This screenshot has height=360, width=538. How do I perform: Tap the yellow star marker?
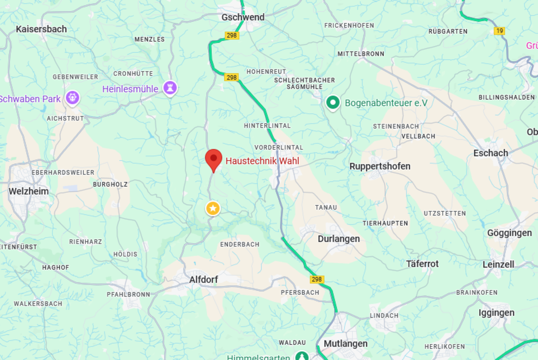(x=213, y=208)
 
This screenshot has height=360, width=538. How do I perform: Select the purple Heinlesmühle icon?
(x=171, y=88)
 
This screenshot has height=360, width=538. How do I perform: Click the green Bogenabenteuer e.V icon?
(x=333, y=102)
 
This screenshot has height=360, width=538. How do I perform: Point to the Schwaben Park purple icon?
(x=72, y=98)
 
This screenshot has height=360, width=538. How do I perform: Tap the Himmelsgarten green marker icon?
(x=302, y=356)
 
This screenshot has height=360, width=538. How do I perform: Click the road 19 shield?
(x=499, y=31)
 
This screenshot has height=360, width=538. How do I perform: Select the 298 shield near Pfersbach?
(x=317, y=279)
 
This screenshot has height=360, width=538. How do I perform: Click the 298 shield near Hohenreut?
(x=232, y=77)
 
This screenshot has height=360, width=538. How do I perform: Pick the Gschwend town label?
(x=243, y=17)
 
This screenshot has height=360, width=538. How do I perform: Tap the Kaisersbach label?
(x=41, y=29)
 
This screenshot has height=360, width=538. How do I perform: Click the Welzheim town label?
(x=28, y=191)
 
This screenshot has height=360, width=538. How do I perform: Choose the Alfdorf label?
(x=203, y=280)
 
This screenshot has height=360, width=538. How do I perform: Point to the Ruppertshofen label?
(x=380, y=166)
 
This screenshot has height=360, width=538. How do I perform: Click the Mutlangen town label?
(x=346, y=344)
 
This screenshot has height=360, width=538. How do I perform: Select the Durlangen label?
(x=339, y=239)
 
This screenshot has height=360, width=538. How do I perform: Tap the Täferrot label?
(x=422, y=263)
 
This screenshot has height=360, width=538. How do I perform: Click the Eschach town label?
(x=490, y=153)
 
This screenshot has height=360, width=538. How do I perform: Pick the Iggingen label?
(x=496, y=313)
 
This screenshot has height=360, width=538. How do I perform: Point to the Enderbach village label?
(x=240, y=244)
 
